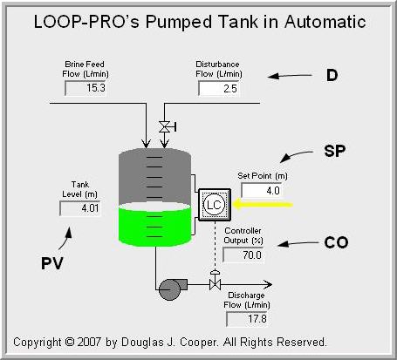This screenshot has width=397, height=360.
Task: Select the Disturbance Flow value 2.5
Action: [220, 89]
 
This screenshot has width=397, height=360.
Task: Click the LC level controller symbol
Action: [213, 204]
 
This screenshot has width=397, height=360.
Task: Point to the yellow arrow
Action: [262, 204]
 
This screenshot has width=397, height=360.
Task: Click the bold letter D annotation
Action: [331, 77]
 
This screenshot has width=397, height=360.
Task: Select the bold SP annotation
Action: [335, 151]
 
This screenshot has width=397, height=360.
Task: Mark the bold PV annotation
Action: [54, 262]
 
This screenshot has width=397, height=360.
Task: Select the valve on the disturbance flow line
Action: [163, 127]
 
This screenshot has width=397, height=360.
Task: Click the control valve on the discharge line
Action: [214, 284]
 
